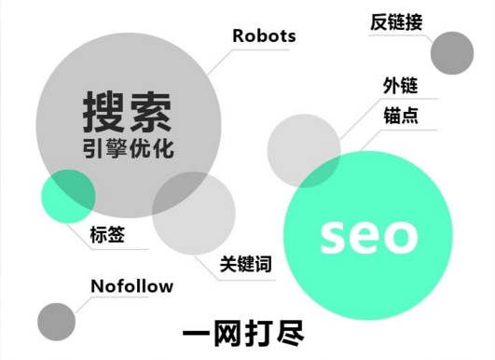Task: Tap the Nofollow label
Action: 131,285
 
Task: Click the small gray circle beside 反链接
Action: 452,52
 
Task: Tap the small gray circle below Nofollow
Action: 56,321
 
